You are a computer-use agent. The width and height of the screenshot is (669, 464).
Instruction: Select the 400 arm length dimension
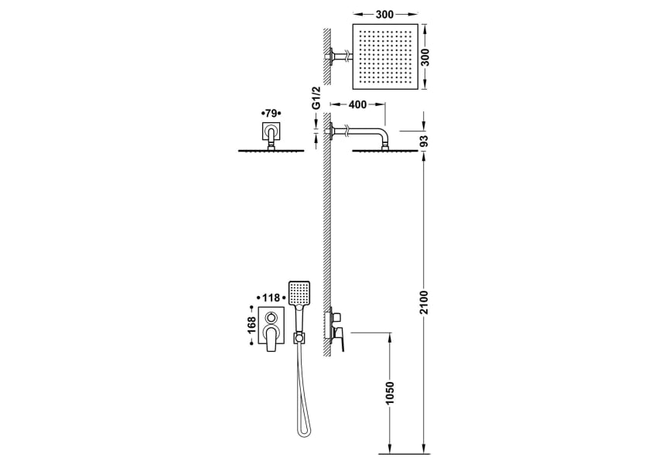(357, 104)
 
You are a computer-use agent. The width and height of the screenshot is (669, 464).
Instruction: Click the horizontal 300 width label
(384, 14)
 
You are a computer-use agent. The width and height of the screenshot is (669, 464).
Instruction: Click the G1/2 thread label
(317, 109)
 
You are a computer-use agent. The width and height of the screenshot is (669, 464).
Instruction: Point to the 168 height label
(251, 328)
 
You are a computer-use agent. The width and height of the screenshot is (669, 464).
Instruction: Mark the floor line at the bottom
(402, 452)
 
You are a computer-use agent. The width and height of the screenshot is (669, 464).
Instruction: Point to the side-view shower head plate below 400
(384, 150)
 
